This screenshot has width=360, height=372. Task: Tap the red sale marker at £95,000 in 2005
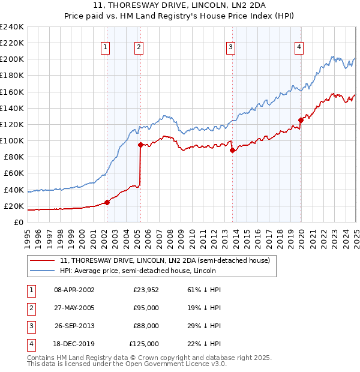click(x=140, y=145)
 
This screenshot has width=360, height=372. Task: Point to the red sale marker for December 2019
click(x=301, y=120)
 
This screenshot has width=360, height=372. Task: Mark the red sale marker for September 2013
click(x=233, y=151)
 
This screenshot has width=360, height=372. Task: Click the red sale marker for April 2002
click(x=107, y=202)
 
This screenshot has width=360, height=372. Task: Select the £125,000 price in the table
click(x=144, y=344)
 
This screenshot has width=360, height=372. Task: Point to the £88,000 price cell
click(x=146, y=326)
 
